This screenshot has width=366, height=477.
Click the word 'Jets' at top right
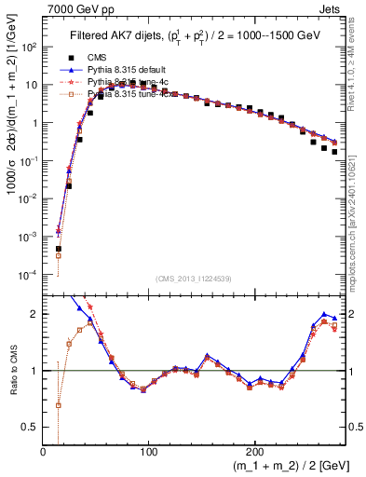[331, 10]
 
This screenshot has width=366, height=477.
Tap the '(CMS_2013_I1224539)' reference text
[194, 279]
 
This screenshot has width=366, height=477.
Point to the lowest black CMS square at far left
[58, 249]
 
